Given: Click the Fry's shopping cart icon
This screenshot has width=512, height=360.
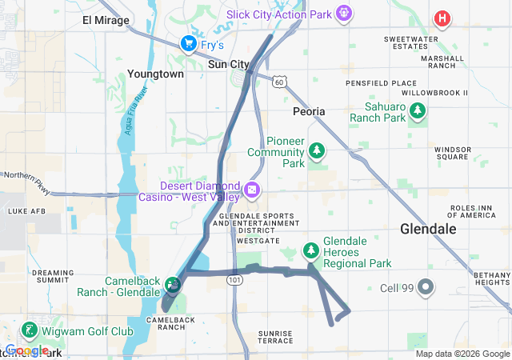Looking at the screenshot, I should [x=189, y=42].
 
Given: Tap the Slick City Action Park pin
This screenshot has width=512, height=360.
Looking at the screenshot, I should [x=344, y=13].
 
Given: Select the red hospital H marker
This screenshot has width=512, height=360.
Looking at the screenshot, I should [x=442, y=18].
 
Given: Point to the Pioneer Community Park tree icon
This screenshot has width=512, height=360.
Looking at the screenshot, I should [x=318, y=150].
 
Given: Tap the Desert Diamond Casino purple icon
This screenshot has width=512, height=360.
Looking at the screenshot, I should [x=253, y=190].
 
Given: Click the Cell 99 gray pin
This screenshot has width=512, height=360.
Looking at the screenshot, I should [x=426, y=286].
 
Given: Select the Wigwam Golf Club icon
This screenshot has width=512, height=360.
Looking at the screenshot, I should [x=30, y=330].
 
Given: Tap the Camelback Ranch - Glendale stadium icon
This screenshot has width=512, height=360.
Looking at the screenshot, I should [x=173, y=283].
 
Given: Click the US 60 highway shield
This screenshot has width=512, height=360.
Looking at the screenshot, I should [x=278, y=82].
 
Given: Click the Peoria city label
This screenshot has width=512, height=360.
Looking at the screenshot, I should [x=309, y=111].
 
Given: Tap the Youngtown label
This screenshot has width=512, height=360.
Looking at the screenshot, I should [x=155, y=74].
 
